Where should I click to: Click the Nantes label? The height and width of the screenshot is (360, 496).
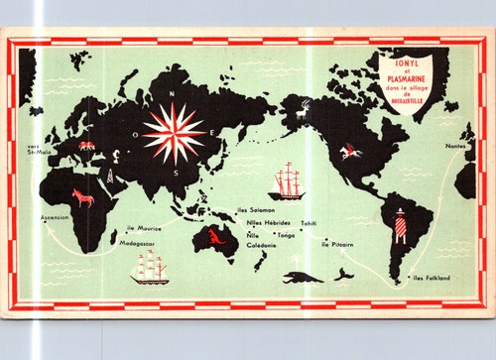click(455, 146)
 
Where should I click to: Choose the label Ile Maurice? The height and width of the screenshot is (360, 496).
click(145, 228)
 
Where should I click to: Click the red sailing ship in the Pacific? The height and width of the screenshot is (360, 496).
click(289, 182)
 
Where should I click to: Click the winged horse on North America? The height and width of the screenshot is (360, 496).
click(347, 151)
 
